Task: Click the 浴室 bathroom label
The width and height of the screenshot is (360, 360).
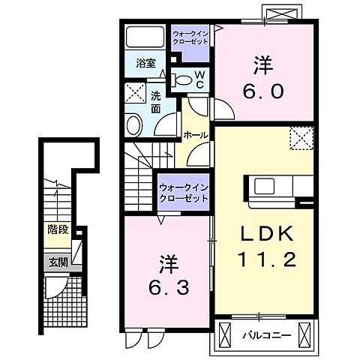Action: point(146,63)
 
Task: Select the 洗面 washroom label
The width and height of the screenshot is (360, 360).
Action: point(155,103)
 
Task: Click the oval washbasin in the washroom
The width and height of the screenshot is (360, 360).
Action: point(134,125)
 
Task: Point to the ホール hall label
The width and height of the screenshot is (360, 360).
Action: point(196,135)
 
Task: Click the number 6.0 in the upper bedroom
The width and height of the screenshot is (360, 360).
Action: point(262,91)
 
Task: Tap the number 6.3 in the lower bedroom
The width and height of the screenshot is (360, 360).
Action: point(168,287)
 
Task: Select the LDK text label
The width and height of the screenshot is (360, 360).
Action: point(267,233)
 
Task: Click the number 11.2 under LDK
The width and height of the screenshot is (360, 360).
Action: point(266,259)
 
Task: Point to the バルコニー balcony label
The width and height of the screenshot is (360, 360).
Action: point(267,335)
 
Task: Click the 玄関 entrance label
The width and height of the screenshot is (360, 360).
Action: point(58,262)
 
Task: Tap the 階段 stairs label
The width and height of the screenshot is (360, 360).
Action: point(58,229)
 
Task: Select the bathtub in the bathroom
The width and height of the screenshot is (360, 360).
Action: point(145,37)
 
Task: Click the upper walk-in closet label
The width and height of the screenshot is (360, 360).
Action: point(190,37)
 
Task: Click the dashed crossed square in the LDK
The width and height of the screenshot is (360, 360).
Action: point(301,138)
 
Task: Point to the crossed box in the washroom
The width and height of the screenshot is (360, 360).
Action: point(135,93)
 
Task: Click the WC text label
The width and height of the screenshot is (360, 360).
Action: point(199,80)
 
